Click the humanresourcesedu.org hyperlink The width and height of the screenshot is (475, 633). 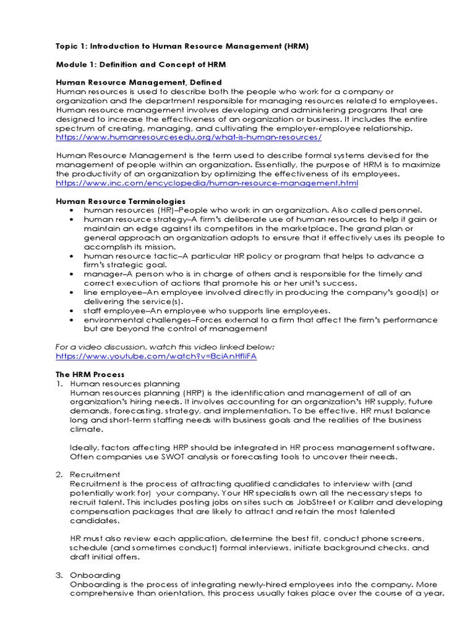(x=189, y=137)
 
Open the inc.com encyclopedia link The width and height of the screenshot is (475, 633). (x=207, y=184)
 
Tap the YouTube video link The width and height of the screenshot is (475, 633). (x=156, y=357)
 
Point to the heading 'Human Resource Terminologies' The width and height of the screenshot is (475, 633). (x=121, y=202)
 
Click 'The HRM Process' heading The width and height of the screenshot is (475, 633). (x=90, y=375)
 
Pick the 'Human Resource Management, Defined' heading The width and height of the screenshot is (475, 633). (x=139, y=82)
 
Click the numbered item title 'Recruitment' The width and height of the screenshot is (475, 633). (x=95, y=475)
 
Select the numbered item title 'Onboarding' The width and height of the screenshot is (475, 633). (x=95, y=576)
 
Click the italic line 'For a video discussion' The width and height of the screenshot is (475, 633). (x=165, y=347)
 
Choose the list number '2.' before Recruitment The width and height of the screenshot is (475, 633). (x=59, y=475)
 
